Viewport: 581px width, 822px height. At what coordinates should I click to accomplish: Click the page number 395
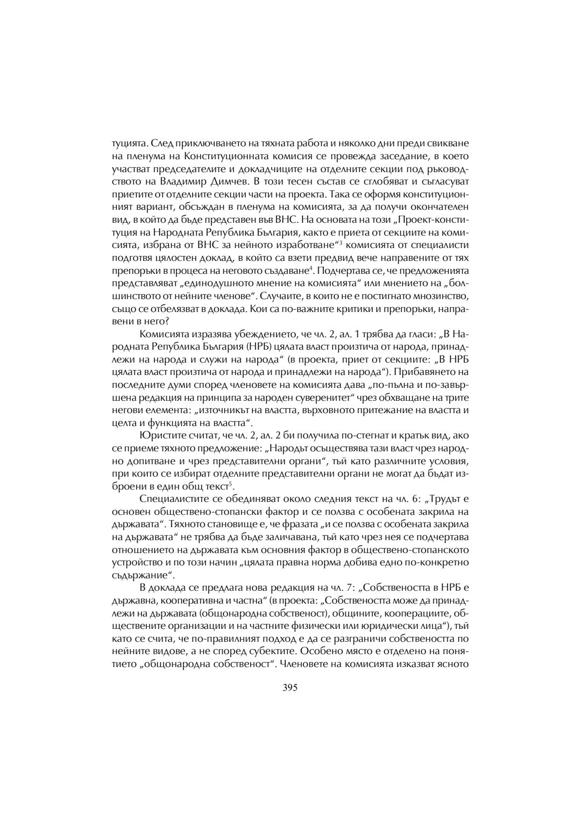coord(290,687)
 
